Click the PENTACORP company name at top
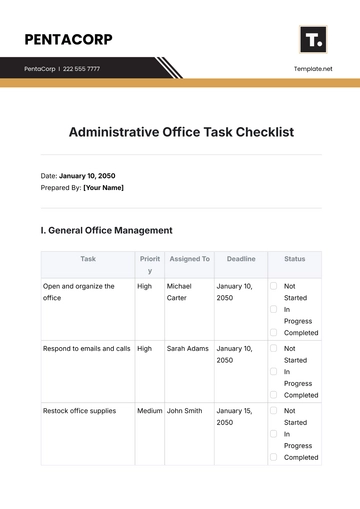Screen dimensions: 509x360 (68, 40)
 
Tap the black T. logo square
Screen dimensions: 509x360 (313, 40)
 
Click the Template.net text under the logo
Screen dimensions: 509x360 (313, 69)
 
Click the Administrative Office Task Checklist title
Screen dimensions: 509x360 (181, 132)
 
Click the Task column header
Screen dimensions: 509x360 (88, 259)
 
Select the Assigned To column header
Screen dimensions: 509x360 (188, 259)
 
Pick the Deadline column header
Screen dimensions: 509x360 (241, 259)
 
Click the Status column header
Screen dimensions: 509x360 (295, 259)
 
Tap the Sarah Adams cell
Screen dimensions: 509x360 (187, 348)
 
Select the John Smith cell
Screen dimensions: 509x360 (185, 410)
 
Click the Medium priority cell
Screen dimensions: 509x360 (149, 410)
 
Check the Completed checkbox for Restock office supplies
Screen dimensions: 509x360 (273, 458)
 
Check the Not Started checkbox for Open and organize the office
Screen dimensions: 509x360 (273, 286)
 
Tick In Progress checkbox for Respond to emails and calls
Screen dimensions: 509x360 (273, 371)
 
